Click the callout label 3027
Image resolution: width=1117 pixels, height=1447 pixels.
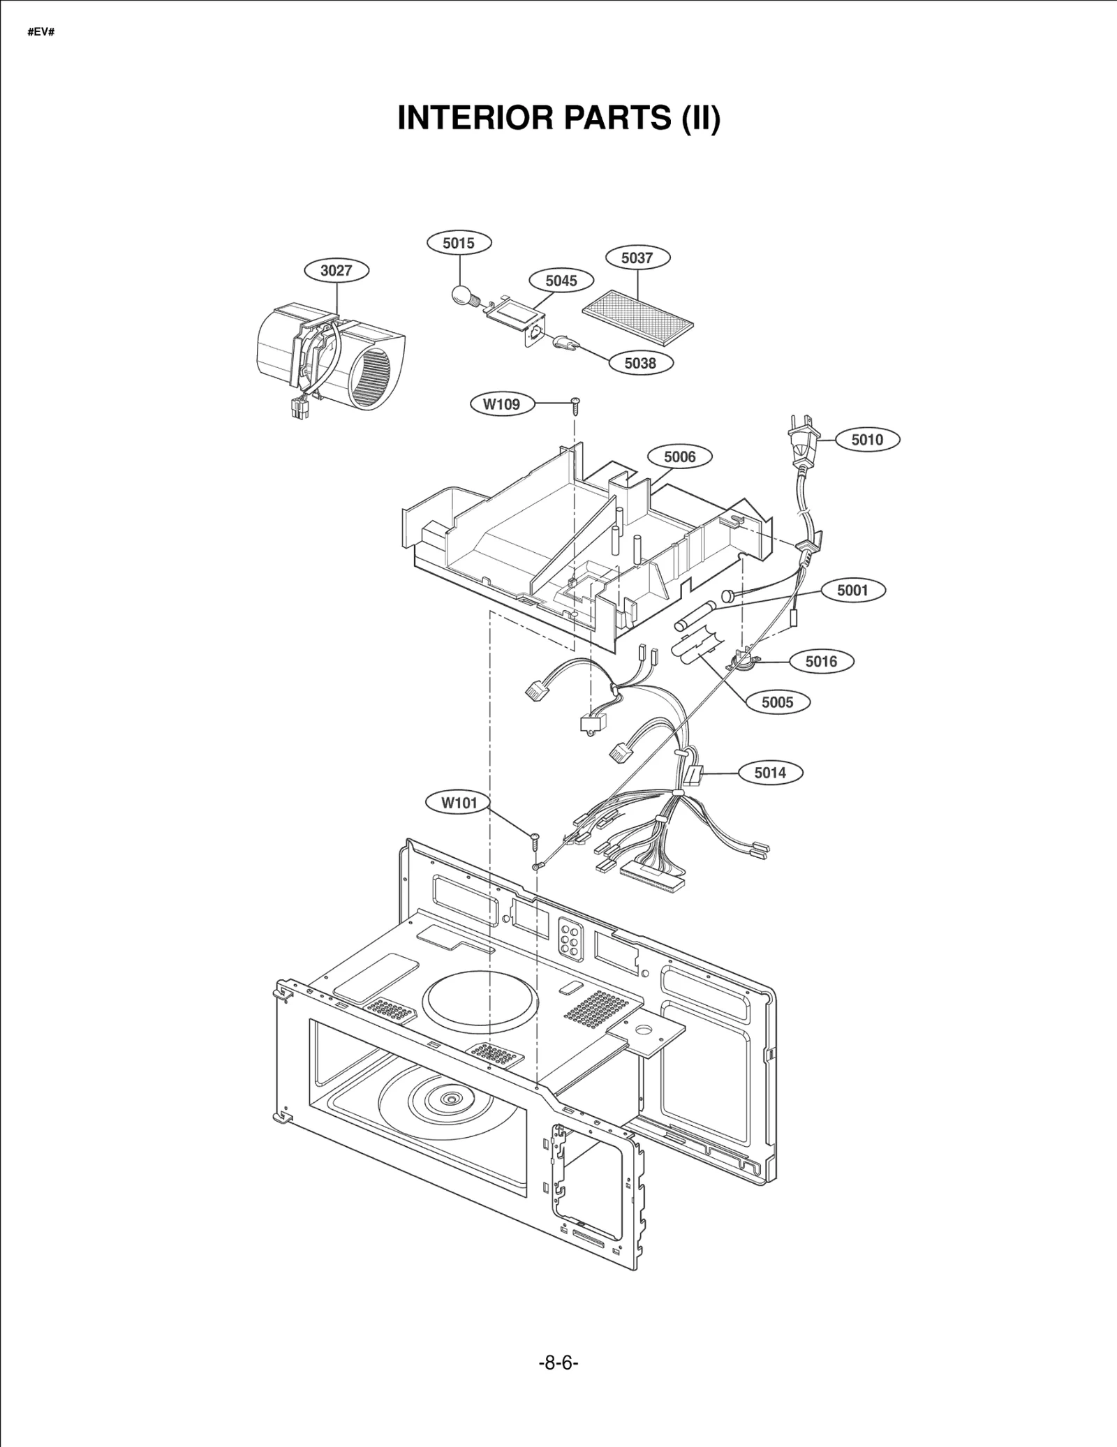(336, 270)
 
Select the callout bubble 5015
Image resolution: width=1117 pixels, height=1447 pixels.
(459, 243)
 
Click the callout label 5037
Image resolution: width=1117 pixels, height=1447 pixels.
(637, 258)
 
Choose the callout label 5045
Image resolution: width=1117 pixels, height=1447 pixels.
(561, 281)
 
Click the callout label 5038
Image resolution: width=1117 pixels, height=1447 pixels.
(640, 363)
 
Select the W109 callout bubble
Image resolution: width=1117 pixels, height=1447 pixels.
(501, 403)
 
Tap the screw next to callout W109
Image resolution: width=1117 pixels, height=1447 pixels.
(575, 403)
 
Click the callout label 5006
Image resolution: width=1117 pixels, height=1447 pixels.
(679, 457)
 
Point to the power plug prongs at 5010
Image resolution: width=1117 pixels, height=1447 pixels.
(795, 424)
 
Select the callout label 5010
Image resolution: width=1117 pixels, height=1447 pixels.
(867, 440)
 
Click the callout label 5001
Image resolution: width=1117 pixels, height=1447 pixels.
(852, 590)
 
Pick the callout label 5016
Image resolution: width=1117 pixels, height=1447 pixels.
(821, 661)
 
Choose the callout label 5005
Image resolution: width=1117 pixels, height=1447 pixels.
(777, 702)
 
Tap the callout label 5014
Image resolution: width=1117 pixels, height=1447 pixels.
(770, 773)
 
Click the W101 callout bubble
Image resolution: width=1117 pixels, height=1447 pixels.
(459, 803)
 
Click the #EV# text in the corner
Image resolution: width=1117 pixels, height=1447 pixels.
(41, 33)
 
